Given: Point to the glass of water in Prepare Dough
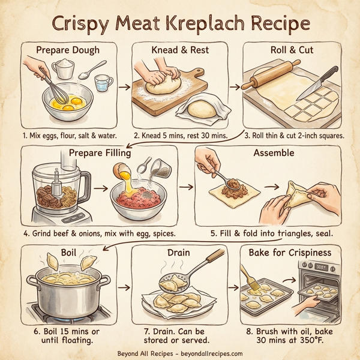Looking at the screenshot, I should pos(104,82).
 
